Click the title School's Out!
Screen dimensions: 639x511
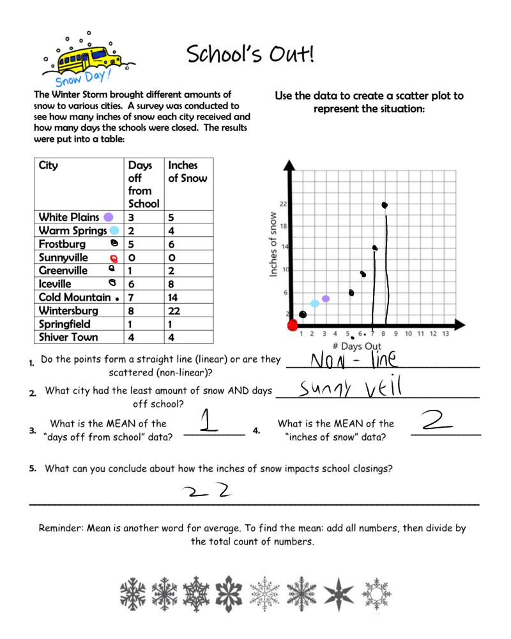[250, 55]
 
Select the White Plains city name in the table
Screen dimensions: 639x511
[69, 217]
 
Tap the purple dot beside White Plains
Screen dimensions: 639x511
[109, 217]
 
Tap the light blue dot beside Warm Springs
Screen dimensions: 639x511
[114, 230]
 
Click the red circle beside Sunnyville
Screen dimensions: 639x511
[114, 258]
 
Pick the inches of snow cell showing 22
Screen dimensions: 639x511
[174, 311]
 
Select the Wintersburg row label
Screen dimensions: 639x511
[68, 311]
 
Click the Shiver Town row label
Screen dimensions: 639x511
[68, 337]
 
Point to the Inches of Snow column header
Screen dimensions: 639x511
[187, 172]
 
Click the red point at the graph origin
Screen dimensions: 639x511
[293, 326]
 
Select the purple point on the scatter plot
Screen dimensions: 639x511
[326, 299]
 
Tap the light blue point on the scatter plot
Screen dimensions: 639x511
[315, 304]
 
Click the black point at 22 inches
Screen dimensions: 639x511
[385, 205]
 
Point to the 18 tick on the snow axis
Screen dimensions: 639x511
[283, 226]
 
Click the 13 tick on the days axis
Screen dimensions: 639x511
[445, 334]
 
